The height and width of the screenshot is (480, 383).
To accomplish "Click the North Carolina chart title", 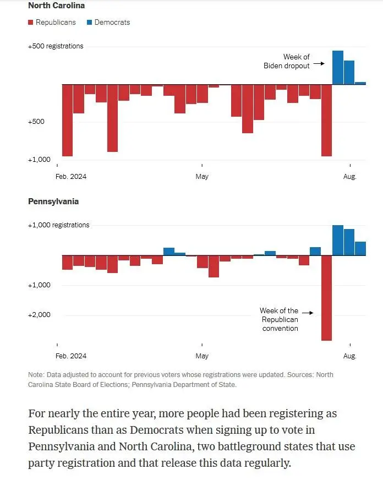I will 56,6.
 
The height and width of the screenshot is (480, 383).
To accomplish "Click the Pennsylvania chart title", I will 53,201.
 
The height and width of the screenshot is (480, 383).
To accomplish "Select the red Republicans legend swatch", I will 31,23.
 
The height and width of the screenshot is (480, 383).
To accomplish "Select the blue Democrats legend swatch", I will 89,23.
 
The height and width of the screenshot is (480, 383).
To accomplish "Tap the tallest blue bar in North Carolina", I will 337,68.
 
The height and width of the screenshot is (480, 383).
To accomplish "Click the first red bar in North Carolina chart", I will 67,120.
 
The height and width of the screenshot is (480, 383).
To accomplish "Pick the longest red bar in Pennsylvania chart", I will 326,297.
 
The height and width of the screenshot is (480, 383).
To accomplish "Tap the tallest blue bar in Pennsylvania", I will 337,240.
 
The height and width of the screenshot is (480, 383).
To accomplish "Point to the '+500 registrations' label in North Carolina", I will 56,46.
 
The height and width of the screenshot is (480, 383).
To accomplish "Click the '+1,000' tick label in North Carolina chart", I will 39,160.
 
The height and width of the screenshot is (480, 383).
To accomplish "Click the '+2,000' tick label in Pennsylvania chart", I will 39,315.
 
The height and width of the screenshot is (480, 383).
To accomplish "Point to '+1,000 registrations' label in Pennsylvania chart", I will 58,225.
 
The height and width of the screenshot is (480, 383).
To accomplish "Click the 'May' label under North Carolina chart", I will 202,177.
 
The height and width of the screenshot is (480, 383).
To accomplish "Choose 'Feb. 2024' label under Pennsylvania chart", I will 72,356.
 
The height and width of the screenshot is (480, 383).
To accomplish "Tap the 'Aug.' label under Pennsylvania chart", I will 350,356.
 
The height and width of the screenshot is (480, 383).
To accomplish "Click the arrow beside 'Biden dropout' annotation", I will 319,64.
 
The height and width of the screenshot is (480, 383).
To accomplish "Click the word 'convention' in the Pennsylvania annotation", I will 280,329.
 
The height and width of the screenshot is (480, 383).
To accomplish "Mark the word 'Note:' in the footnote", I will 36,375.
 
